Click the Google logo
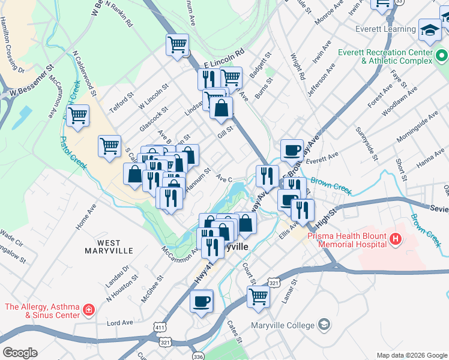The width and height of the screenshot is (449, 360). [20, 353]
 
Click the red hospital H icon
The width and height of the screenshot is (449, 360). [395, 240]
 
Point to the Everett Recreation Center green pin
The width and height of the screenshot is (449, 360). [442, 56]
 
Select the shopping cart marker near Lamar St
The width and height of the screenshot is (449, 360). [258, 296]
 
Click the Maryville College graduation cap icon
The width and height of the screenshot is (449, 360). [324, 325]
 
